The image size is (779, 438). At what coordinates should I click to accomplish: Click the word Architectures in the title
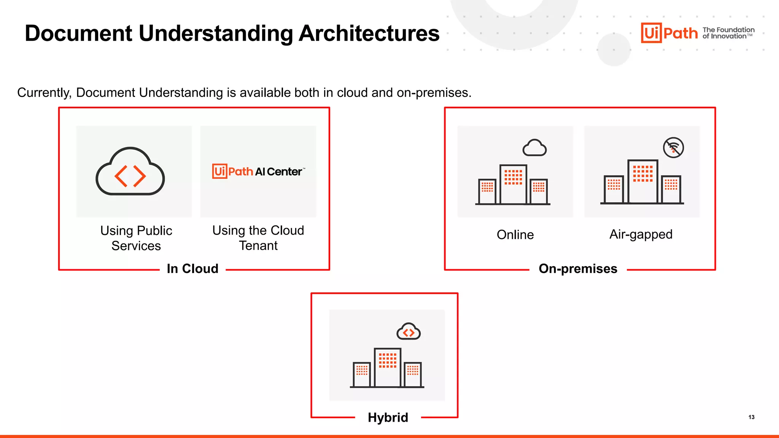click(x=369, y=33)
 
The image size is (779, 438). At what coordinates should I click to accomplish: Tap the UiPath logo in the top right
click(x=669, y=33)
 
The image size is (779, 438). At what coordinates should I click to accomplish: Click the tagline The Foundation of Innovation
click(x=728, y=33)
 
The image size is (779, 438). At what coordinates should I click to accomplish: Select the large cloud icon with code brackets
click(x=130, y=172)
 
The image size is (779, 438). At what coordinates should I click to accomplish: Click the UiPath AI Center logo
click(x=258, y=171)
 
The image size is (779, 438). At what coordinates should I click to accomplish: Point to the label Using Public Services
click(x=136, y=238)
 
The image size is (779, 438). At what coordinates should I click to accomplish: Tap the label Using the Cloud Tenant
click(x=258, y=238)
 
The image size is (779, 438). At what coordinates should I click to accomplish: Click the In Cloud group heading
click(x=192, y=269)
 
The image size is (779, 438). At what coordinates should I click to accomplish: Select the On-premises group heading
click(x=578, y=269)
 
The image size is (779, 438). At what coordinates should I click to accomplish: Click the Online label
click(x=515, y=235)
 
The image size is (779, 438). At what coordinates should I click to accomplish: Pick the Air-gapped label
click(x=641, y=234)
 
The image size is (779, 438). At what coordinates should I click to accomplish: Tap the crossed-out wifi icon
click(x=673, y=148)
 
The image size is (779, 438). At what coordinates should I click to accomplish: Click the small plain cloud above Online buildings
click(x=534, y=148)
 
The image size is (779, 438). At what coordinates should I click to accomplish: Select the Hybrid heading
click(x=388, y=417)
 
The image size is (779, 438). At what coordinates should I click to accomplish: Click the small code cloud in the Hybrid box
click(x=408, y=332)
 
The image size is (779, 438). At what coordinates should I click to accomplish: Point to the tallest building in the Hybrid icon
click(x=387, y=367)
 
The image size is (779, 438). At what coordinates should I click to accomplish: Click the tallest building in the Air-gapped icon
click(x=642, y=181)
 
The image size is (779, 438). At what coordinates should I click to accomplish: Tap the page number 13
click(x=751, y=417)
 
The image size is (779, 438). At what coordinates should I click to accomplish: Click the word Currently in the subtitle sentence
click(x=44, y=93)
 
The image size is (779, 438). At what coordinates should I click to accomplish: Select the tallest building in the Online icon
click(x=513, y=184)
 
